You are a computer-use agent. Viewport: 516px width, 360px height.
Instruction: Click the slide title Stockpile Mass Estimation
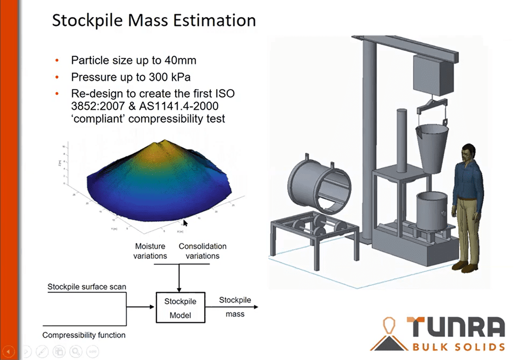click(x=154, y=20)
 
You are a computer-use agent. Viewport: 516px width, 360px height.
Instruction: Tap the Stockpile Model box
click(x=180, y=308)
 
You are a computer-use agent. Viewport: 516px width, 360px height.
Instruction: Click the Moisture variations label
click(x=150, y=251)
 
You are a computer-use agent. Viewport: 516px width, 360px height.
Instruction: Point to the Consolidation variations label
click(x=203, y=251)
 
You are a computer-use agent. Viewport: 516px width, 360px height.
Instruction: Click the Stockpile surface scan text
click(x=87, y=287)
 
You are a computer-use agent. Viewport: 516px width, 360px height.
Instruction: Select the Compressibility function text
click(x=84, y=335)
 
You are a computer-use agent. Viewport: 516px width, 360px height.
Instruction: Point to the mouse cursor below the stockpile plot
click(x=185, y=222)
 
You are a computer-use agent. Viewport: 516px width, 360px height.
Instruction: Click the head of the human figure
click(x=468, y=153)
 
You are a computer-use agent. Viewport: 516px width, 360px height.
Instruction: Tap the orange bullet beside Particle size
click(x=58, y=60)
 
